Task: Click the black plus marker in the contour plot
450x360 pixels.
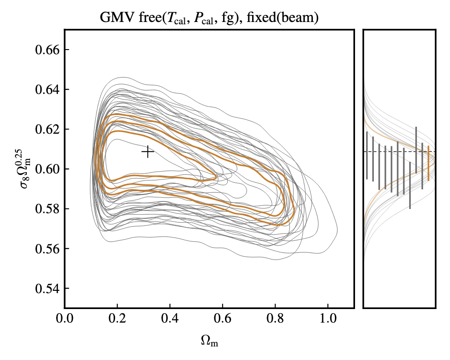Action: pos(148,152)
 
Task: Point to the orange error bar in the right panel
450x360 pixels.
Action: pos(428,163)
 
